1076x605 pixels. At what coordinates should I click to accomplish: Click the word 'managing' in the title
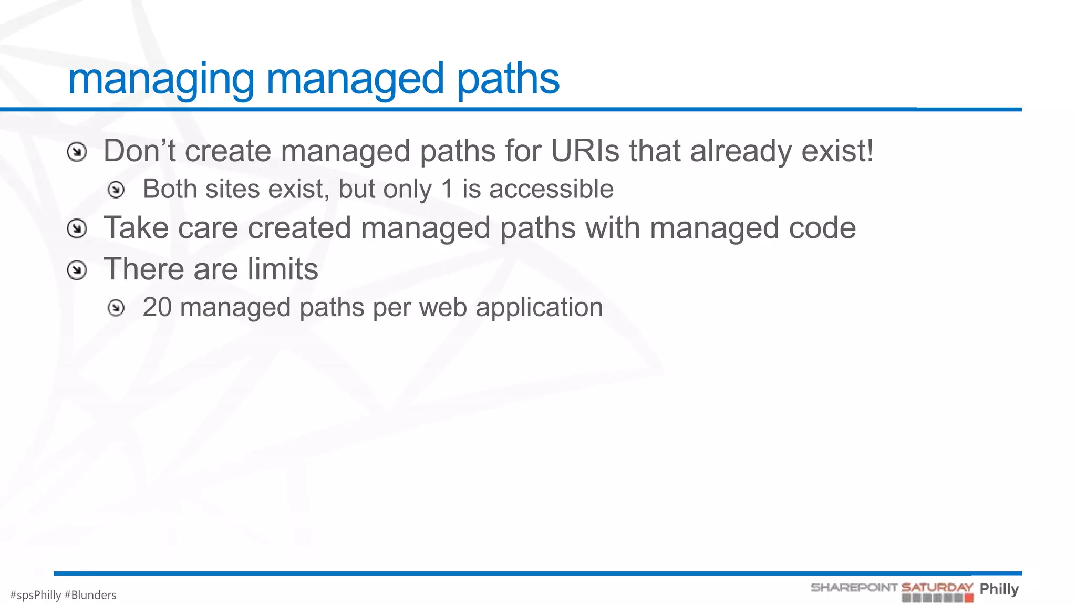click(x=161, y=80)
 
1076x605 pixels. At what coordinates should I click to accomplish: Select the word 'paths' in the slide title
click(x=508, y=80)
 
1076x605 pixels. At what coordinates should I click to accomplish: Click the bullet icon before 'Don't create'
click(x=77, y=152)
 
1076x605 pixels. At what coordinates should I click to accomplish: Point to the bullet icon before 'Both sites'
click(x=116, y=190)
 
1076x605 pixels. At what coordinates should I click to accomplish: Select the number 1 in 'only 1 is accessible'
click(x=447, y=189)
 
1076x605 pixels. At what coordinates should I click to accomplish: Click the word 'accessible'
click(x=551, y=189)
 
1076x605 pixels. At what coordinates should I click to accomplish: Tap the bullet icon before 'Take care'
click(x=77, y=229)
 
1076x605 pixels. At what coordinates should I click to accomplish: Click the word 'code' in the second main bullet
click(x=822, y=228)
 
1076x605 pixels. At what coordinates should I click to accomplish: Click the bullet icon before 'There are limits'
click(x=77, y=270)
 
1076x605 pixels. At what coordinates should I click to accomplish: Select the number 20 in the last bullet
click(x=157, y=307)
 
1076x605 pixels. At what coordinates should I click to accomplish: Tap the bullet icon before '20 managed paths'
click(x=116, y=308)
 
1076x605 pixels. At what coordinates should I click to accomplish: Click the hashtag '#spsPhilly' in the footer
click(x=35, y=595)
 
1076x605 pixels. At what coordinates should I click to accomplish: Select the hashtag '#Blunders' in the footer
click(x=90, y=595)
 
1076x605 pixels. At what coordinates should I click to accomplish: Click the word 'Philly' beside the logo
click(x=999, y=589)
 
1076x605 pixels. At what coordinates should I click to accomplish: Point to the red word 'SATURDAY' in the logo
click(x=937, y=587)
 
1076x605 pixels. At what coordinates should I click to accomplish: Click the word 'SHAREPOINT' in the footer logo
click(x=854, y=587)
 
